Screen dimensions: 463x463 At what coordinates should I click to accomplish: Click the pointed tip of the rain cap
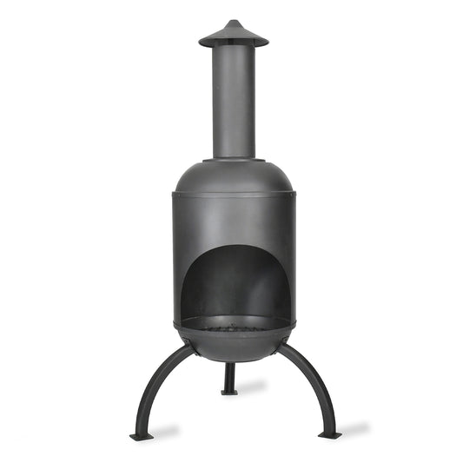coord(234,22)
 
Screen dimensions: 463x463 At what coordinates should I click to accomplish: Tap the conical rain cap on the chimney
coord(234,35)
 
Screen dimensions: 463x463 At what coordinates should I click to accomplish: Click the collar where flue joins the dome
coord(234,160)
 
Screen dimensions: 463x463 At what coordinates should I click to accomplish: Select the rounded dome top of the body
coord(234,178)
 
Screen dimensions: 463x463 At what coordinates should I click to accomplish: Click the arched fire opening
coord(234,278)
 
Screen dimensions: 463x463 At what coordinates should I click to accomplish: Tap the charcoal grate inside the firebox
coord(234,327)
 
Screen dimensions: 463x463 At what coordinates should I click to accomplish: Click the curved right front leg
coord(313,382)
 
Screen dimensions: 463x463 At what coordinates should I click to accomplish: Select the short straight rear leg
coord(229,375)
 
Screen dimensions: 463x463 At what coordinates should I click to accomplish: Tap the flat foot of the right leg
coord(327,433)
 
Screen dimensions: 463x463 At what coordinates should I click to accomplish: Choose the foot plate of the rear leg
coord(229,392)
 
